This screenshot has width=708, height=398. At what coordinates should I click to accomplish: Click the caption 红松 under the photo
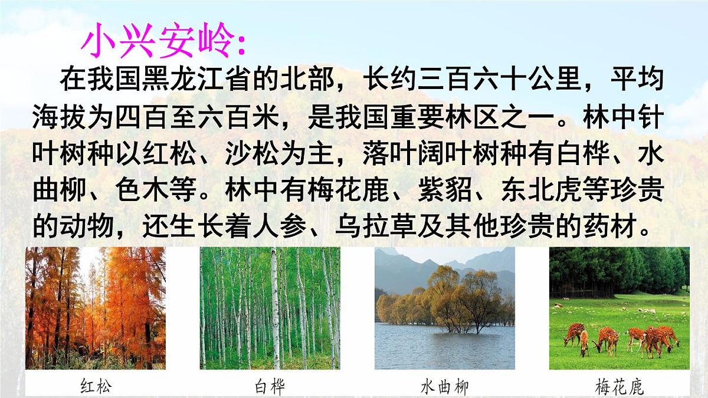[x=96, y=386]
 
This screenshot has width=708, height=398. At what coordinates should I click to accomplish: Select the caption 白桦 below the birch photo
[x=270, y=386]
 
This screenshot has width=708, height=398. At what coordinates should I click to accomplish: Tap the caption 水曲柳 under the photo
[x=444, y=386]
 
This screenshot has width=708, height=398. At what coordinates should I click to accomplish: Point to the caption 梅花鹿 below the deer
[x=619, y=386]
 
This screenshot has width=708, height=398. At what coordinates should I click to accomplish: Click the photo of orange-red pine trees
[x=96, y=308]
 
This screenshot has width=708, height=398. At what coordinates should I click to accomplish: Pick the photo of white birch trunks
[x=270, y=308]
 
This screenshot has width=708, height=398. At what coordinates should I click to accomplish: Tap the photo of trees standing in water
[x=444, y=308]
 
